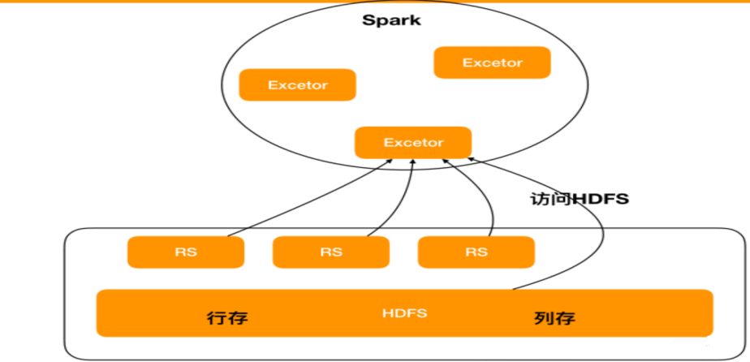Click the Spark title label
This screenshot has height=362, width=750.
(x=391, y=20)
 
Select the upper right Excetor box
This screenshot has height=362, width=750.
(x=492, y=62)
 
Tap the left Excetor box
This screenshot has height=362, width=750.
(x=298, y=84)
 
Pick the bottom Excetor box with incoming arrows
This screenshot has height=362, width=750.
(x=413, y=143)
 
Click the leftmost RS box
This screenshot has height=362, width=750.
(x=186, y=252)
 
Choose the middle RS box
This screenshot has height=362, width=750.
(x=331, y=252)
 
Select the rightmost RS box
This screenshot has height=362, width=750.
(x=476, y=252)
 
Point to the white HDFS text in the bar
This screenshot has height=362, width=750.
(x=405, y=313)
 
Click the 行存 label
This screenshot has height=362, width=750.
(x=227, y=318)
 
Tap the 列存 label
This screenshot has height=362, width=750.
(x=554, y=318)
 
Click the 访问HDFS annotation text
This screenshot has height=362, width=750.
(x=580, y=199)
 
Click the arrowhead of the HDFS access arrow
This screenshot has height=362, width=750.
(x=469, y=158)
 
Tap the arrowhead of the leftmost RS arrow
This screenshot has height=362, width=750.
(x=390, y=162)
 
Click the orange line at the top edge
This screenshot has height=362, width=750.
(x=375, y=2)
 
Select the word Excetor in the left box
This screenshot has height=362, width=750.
(x=298, y=85)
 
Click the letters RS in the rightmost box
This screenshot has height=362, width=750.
(x=476, y=252)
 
